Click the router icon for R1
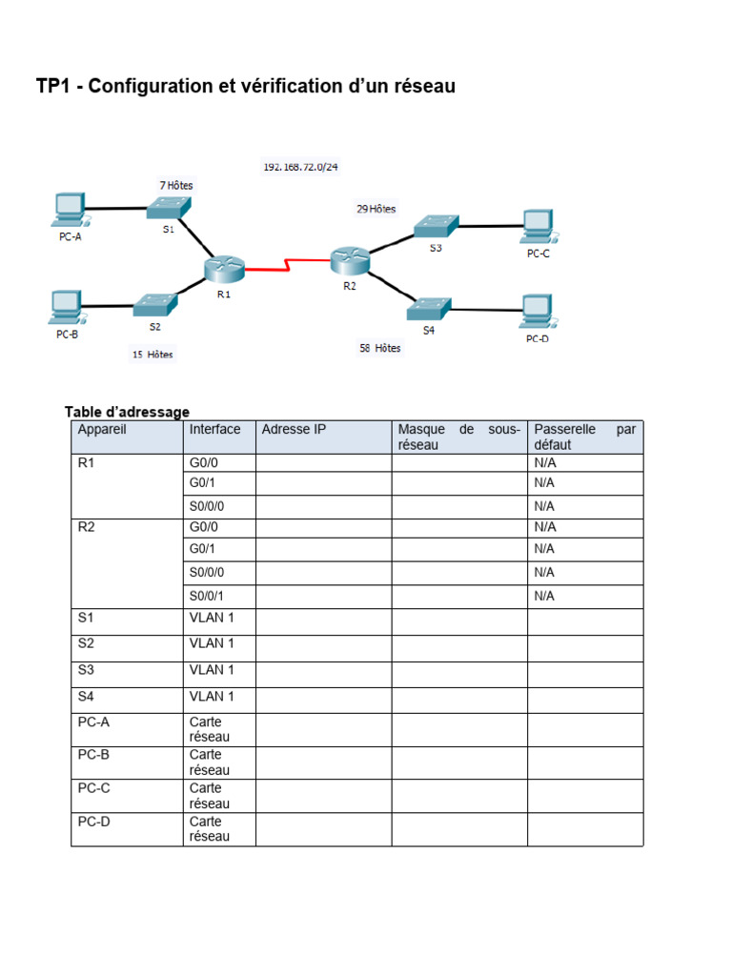click(x=225, y=269)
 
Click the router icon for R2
click(x=349, y=257)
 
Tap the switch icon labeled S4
click(x=428, y=309)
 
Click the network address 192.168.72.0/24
click(x=300, y=167)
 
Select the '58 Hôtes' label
click(x=379, y=349)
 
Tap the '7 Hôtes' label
click(x=175, y=185)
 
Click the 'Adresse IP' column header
click(x=294, y=430)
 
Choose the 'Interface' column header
click(x=214, y=430)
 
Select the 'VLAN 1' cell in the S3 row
click(x=212, y=670)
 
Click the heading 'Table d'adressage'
click(x=127, y=412)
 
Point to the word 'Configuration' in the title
click(x=167, y=87)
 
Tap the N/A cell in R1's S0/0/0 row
click(x=544, y=505)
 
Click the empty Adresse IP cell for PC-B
click(x=324, y=762)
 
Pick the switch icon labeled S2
click(x=155, y=305)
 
